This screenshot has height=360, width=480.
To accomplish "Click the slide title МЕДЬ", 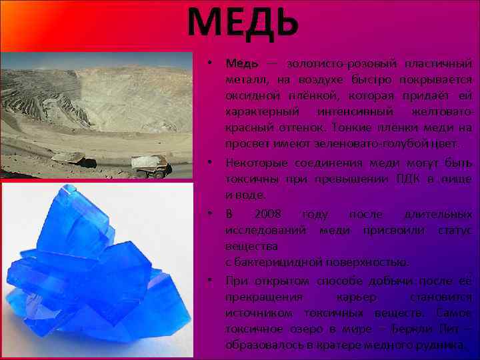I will [243, 21].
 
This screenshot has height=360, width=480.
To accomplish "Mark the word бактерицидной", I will [279, 262].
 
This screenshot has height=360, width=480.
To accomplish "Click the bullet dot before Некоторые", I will [209, 162].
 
